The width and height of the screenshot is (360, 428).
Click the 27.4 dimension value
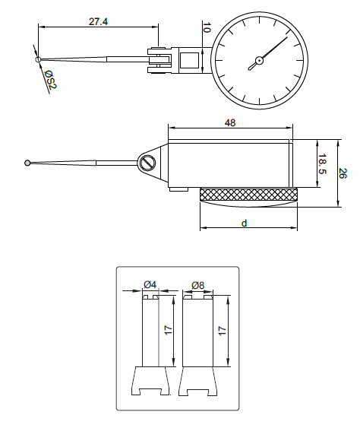click(x=98, y=21)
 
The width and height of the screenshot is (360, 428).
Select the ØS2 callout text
click(x=51, y=80)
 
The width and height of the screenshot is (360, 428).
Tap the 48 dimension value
click(x=230, y=123)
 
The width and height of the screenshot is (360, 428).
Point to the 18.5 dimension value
click(x=323, y=163)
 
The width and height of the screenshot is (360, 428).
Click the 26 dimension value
click(x=343, y=173)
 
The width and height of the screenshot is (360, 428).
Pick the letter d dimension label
click(x=244, y=224)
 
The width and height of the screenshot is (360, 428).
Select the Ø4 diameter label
click(x=150, y=284)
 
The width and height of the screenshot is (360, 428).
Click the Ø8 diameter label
click(x=197, y=285)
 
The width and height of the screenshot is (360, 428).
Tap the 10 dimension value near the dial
click(x=207, y=27)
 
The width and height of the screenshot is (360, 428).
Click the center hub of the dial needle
click(x=259, y=60)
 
